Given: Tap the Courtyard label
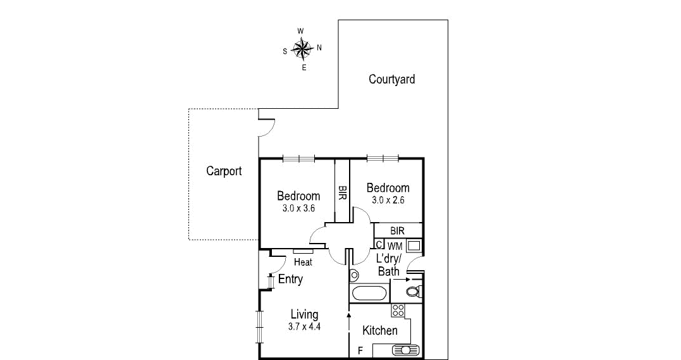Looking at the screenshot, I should tap(392, 79).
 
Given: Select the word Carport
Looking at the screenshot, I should tap(224, 171).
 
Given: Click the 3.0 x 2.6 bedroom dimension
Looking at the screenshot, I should tap(388, 200).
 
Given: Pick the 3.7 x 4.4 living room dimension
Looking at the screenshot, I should tap(304, 327).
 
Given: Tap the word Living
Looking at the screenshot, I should tap(304, 314).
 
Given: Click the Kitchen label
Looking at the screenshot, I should tap(380, 330).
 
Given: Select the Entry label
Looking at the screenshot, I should tap(290, 279).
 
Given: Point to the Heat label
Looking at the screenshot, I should tap(303, 262).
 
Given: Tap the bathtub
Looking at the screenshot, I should tap(369, 293).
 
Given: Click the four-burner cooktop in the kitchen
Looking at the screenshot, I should tap(398, 310).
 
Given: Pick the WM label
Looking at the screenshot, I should tap(395, 245).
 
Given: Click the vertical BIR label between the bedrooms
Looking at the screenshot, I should tap(342, 193).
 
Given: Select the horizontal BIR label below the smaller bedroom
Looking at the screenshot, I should tap(397, 231).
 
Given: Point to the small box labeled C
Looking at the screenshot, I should tap(379, 245).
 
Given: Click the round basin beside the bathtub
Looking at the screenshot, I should tap(354, 275).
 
